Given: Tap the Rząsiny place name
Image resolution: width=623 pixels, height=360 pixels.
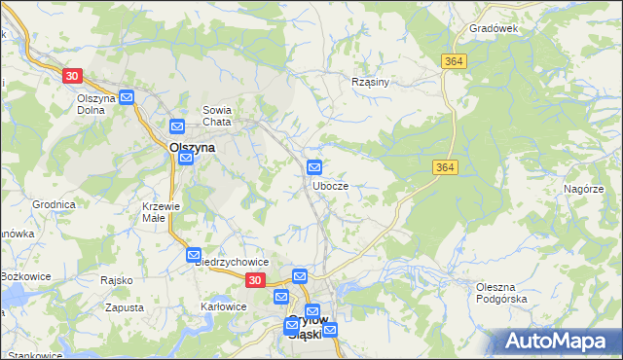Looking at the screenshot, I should pos(370,82).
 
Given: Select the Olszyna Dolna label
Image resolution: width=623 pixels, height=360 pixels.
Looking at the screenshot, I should pos(96,104).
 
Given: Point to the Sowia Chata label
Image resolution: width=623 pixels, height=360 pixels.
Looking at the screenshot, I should pos(216,116).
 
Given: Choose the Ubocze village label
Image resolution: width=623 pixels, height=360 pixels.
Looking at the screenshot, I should pos(331,185).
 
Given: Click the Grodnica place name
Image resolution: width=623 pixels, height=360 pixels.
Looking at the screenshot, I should pos(54,205).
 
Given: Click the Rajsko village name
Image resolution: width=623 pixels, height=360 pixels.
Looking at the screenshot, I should pos(116,280).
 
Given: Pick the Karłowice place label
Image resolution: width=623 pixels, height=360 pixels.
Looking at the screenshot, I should pos(221,306).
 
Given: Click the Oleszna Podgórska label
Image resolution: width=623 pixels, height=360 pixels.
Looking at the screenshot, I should pos(501,293).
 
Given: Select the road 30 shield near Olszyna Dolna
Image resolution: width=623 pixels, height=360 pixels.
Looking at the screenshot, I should pos(71,75).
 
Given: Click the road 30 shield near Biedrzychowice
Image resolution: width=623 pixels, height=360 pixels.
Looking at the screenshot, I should pos(254,280).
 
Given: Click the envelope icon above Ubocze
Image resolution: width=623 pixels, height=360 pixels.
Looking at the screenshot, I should pos(314,167).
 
